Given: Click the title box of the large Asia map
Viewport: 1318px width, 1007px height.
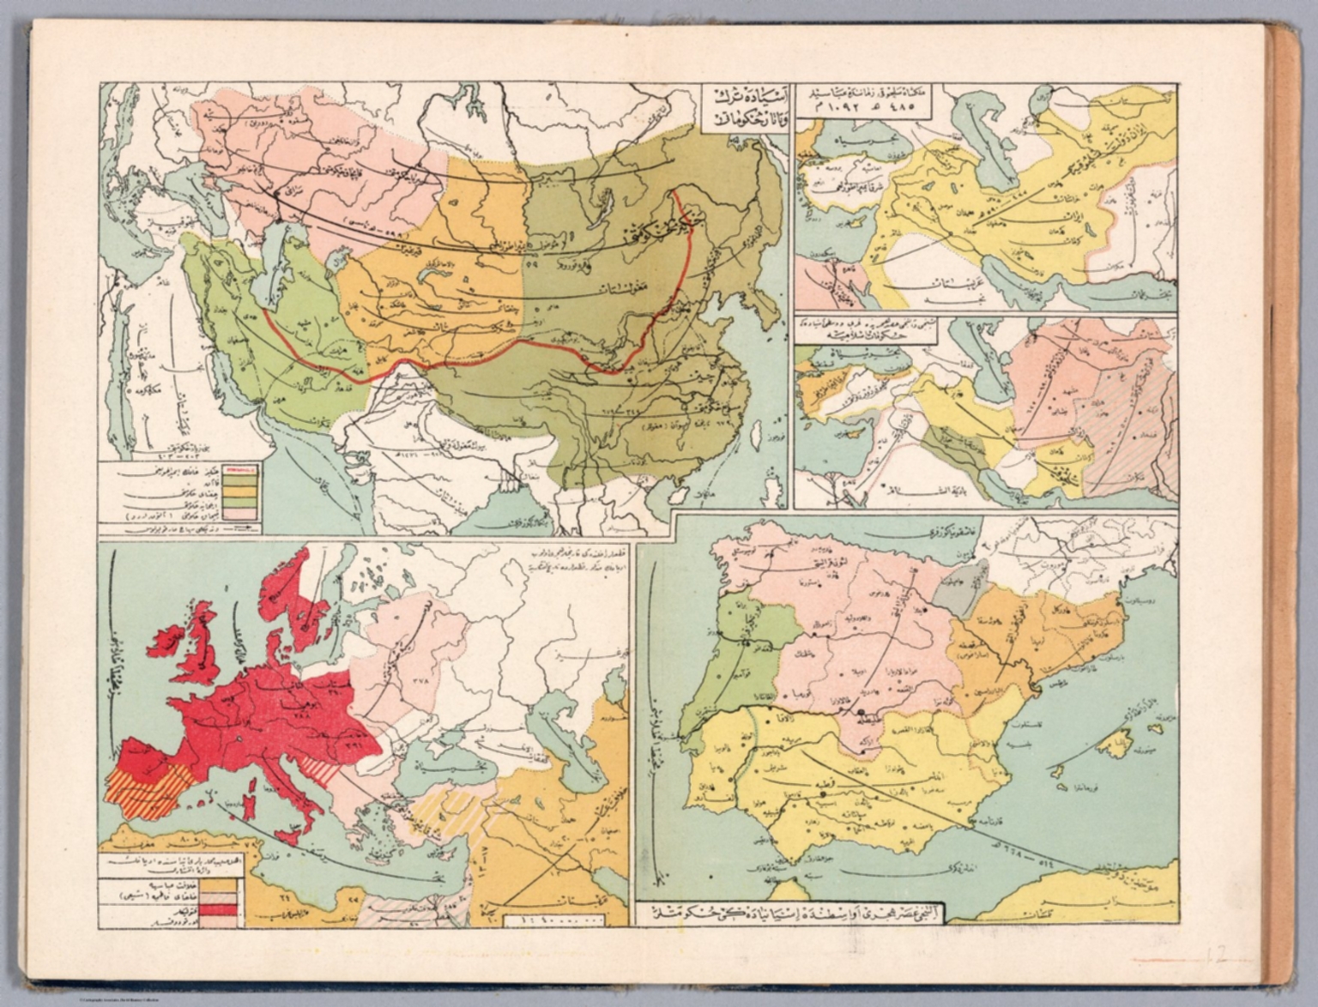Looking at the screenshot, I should [x=741, y=104].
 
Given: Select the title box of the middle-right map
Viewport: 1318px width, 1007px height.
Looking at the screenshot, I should [x=868, y=334].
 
